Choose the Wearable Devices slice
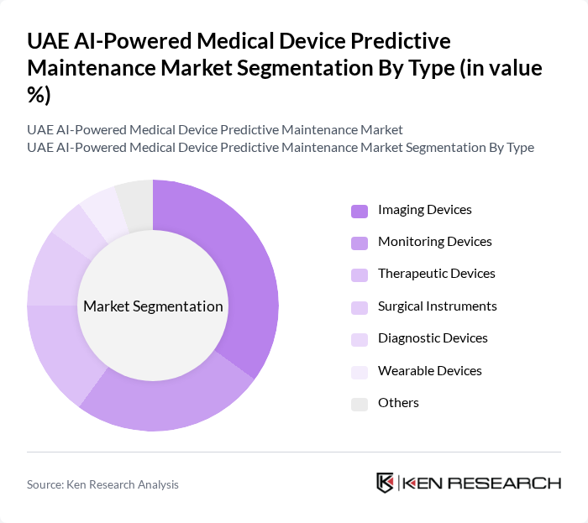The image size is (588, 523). [101, 207]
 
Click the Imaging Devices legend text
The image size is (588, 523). [424, 210]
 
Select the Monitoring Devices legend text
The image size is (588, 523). [434, 242]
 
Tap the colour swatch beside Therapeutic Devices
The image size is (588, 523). [360, 275]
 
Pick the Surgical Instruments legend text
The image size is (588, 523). [437, 306]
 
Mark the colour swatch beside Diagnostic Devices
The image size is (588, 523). [360, 339]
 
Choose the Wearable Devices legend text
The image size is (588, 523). [429, 371]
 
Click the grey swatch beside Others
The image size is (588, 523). [360, 404]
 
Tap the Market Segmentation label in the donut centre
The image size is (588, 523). [153, 306]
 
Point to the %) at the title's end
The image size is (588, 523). [39, 95]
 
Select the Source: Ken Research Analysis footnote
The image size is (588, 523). [102, 484]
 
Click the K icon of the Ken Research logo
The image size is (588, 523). [385, 483]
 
